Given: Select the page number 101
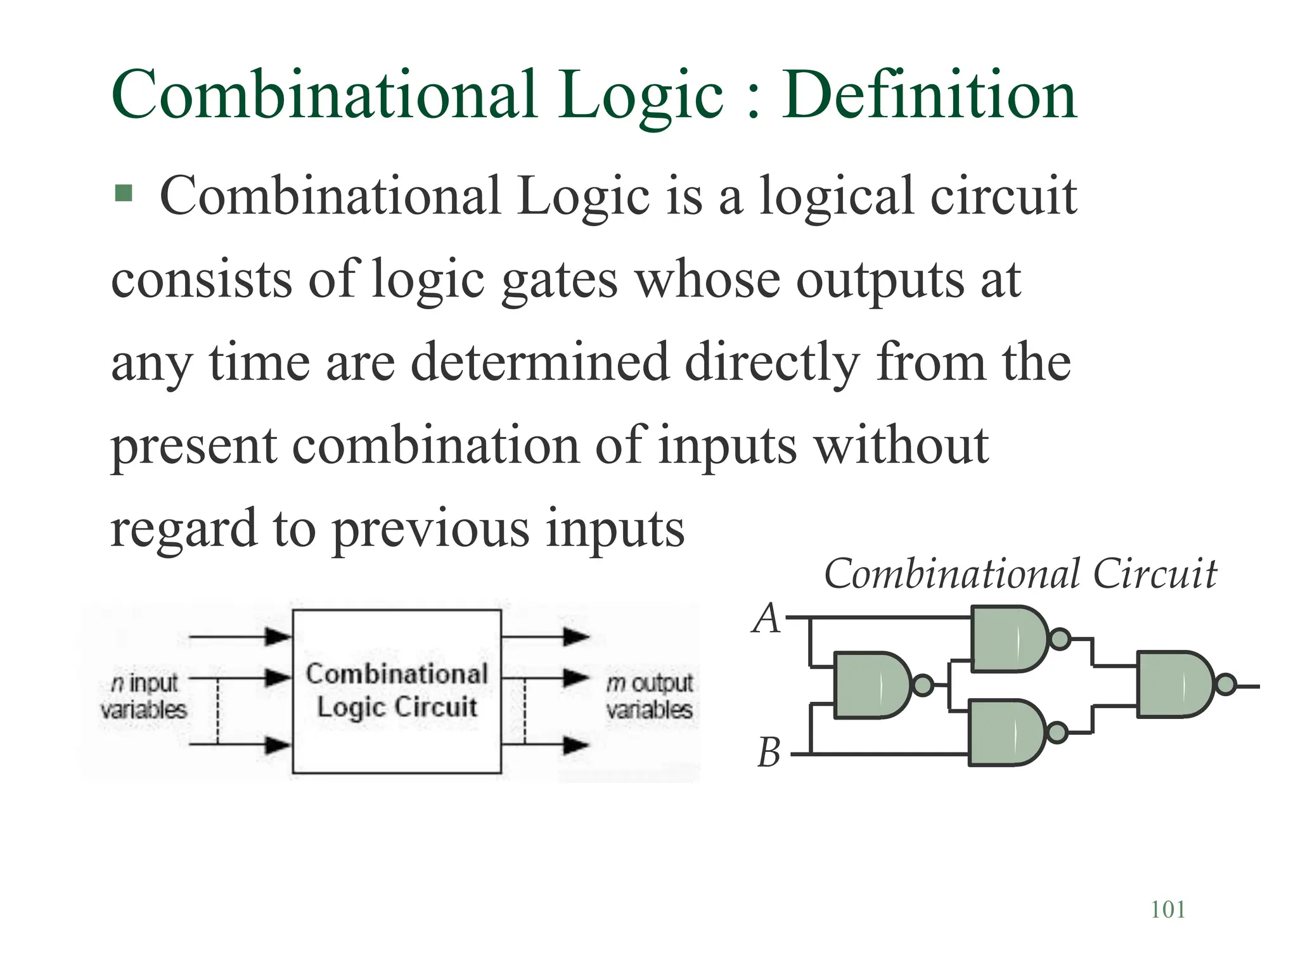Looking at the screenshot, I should pos(1167,910).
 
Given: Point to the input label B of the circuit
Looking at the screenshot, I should pos(769,753).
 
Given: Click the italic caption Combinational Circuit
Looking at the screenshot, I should pos(1020,574).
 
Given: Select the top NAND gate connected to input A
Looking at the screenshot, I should pos(1008,639).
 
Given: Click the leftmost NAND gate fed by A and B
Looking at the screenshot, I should pos(871,685).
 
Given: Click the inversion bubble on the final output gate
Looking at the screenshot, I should pos(1226,684).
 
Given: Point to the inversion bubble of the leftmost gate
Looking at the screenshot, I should pos(923,685).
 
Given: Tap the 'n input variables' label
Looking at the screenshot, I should pos(144,696).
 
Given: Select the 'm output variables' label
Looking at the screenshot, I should pos(649,696).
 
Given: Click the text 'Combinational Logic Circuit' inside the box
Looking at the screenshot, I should pos(397,690).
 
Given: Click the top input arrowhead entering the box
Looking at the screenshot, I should pos(278,636).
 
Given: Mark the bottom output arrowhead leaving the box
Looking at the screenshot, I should pos(575,745).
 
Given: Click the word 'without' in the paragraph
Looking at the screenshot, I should pos(901,445).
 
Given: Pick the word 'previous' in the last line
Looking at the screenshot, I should pos(431,528).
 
